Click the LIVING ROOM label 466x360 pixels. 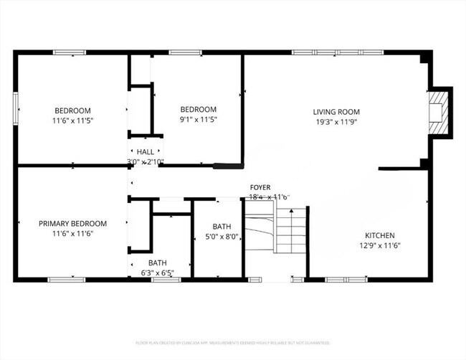pos(336,112)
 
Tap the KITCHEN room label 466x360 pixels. pos(379,235)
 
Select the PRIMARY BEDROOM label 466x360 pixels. pos(72,224)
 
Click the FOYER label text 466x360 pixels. pos(260,187)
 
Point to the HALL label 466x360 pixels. pos(146,152)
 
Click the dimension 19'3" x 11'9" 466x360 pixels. pos(336,122)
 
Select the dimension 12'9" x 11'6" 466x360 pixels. pos(379,245)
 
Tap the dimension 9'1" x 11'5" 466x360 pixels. pos(198,120)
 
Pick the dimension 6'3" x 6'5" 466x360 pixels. pos(158,273)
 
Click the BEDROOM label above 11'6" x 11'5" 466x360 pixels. pos(72,110)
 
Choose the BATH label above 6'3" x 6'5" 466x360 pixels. pos(158,262)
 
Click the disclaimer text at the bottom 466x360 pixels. pos(233,343)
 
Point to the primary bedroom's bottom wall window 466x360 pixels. pos(66,279)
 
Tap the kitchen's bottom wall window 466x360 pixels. pos(344,279)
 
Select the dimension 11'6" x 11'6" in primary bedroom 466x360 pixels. pos(72,234)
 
